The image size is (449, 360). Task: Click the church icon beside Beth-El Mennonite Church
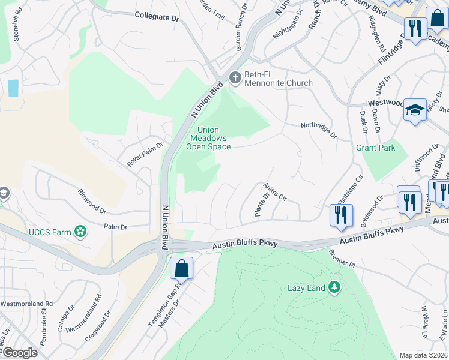(x=235, y=77)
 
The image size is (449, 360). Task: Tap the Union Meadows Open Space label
(x=208, y=138)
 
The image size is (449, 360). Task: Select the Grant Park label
(x=376, y=148)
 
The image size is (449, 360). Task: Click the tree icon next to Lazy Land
(x=334, y=288)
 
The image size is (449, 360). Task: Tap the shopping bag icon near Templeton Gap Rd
(x=181, y=268)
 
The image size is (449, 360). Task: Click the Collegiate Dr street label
(x=157, y=17)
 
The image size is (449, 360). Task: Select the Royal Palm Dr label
(x=145, y=154)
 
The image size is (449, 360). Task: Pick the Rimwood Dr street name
(x=92, y=202)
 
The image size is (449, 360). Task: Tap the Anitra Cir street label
(x=275, y=192)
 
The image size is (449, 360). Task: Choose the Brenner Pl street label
(x=342, y=259)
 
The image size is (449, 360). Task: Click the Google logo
(x=19, y=353)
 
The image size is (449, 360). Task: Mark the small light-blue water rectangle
(x=13, y=88)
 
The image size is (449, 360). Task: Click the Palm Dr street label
(x=115, y=227)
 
